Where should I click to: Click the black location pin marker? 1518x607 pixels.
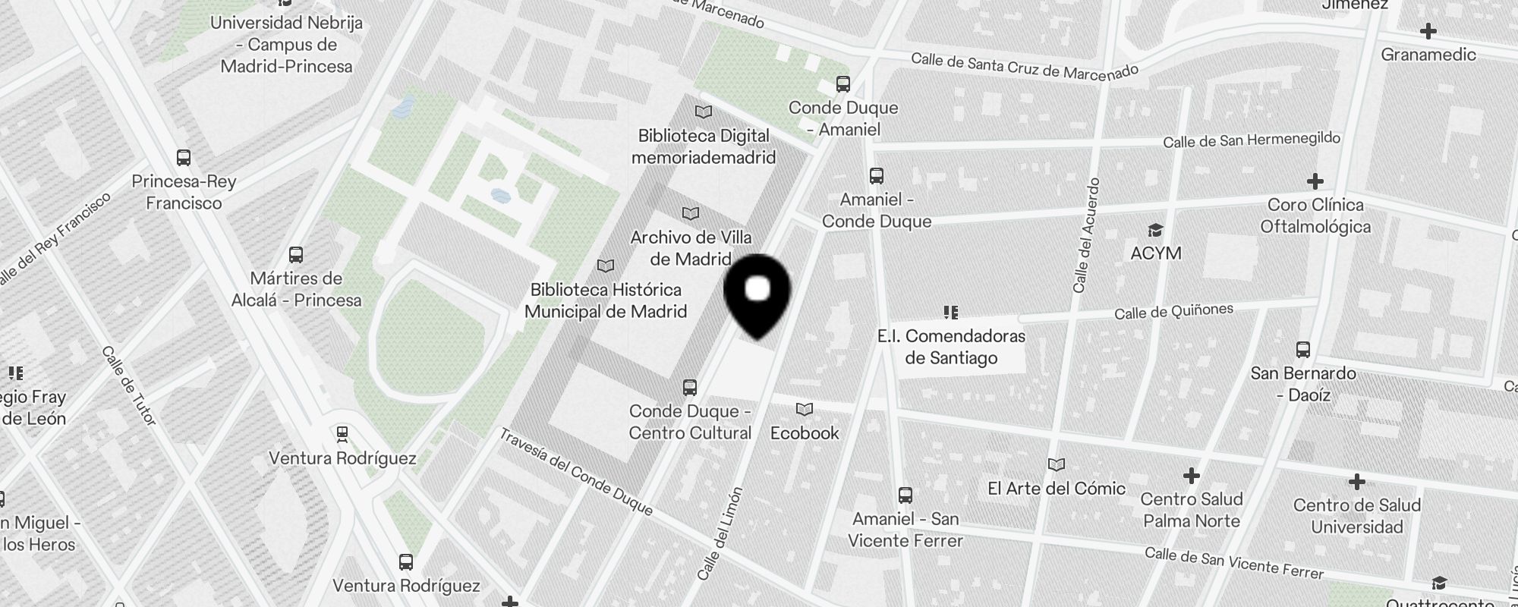tap(757, 292)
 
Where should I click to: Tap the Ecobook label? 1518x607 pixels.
tap(805, 433)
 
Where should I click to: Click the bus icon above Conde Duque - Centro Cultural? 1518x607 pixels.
tap(689, 388)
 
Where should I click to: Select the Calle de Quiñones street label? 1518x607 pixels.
tap(1173, 312)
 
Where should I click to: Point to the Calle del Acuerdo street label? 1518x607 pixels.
tap(1085, 235)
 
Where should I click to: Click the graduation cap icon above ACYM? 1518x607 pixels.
tap(1155, 231)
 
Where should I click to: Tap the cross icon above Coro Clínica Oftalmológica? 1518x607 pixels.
tap(1315, 181)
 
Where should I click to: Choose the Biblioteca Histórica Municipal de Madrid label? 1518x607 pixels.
tap(606, 300)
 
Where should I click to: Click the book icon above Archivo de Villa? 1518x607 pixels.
tap(690, 214)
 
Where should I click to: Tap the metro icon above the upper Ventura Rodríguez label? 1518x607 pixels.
tap(342, 435)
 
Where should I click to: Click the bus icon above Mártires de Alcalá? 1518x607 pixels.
tap(296, 255)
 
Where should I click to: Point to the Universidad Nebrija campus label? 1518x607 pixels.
tap(286, 45)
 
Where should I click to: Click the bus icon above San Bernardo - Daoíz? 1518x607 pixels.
tap(1303, 350)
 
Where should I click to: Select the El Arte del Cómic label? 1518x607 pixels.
tap(1057, 489)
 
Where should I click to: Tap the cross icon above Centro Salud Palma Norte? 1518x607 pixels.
tap(1191, 476)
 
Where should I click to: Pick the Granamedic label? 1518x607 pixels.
tap(1428, 55)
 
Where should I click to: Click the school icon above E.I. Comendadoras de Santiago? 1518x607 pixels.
tap(950, 312)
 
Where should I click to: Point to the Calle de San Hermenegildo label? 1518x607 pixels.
tap(1252, 140)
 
